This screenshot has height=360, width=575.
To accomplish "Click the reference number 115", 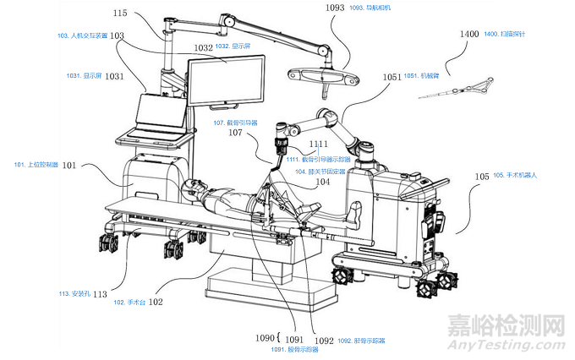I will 119,13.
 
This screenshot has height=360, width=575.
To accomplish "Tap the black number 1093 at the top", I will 335,8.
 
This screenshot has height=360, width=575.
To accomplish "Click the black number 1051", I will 392,77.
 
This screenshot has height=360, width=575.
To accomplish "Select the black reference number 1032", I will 199,47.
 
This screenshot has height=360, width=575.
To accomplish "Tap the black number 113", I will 99,294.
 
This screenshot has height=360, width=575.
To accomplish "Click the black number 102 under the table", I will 156,302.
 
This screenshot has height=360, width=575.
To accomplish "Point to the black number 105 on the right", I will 482,177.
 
